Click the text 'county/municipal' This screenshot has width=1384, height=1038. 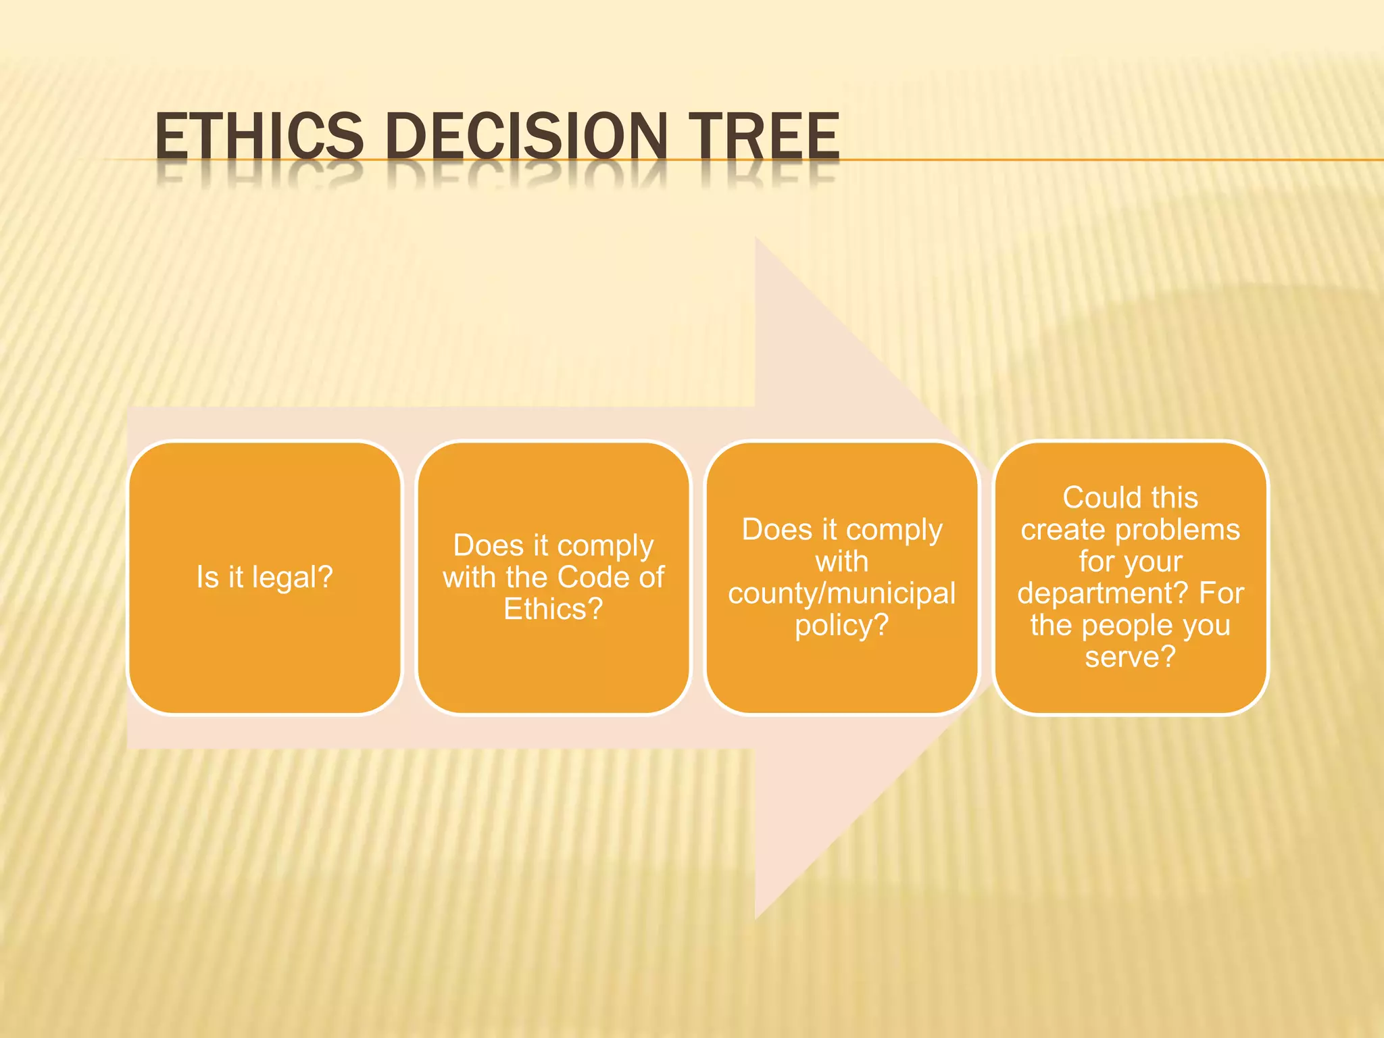point(842,594)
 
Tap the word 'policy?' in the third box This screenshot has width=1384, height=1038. point(842,626)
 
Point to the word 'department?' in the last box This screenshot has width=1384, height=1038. point(1102,594)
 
